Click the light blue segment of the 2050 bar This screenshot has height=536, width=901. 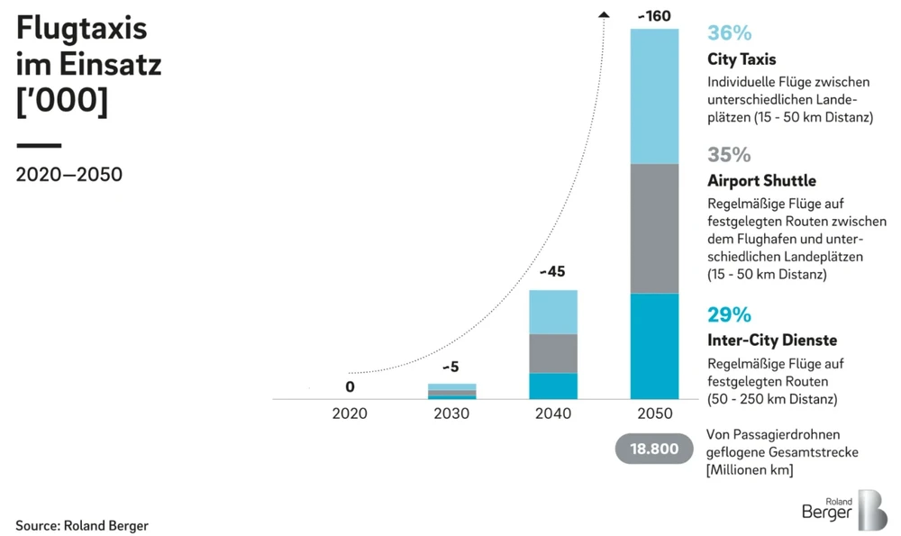click(654, 96)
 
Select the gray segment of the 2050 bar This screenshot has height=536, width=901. click(654, 229)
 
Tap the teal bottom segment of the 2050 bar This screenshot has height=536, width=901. click(654, 347)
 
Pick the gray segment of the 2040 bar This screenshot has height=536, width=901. click(552, 353)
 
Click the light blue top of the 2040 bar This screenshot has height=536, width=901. click(552, 312)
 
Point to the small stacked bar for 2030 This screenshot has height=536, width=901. click(451, 391)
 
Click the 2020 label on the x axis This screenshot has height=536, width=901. click(350, 413)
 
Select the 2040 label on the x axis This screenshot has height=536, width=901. click(552, 413)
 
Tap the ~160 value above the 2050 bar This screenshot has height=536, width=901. click(654, 15)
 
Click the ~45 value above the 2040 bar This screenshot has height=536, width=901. click(552, 271)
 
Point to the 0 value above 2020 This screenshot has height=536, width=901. click(350, 387)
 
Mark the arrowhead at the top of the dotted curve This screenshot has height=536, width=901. click(604, 13)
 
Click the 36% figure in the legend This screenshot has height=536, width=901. click(729, 33)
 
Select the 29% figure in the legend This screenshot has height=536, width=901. click(729, 314)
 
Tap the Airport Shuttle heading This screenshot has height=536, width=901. click(761, 180)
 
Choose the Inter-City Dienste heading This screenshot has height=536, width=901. click(772, 341)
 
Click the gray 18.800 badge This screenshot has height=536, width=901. click(654, 449)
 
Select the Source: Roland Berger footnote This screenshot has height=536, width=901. click(82, 524)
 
